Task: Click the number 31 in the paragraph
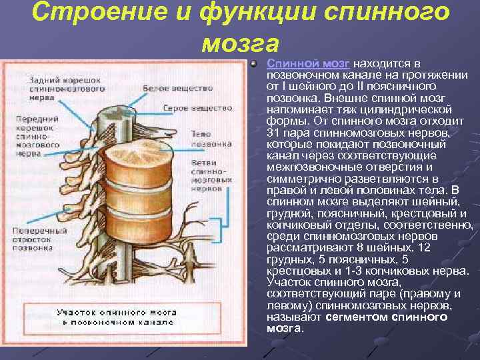click(272, 133)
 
